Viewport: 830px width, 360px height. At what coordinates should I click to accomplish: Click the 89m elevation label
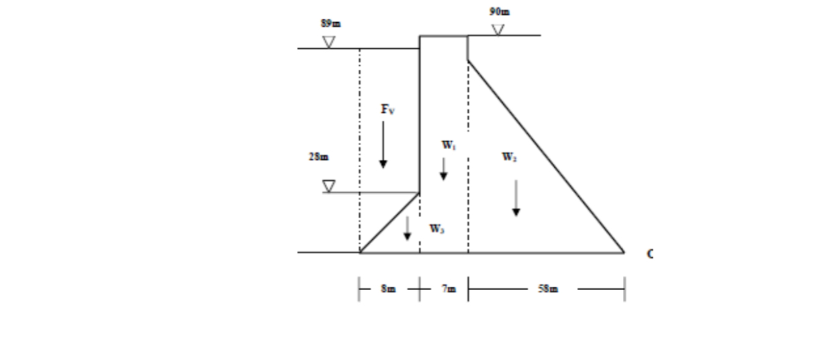330,24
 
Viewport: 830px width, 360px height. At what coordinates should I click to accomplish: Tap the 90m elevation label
500,11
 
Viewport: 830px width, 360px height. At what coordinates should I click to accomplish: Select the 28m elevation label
319,157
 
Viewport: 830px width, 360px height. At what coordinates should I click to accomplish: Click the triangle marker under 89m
328,42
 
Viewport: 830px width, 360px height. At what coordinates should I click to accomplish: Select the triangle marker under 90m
498,30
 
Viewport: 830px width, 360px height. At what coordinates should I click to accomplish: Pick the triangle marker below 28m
328,186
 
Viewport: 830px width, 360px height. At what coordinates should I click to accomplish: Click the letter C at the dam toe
649,254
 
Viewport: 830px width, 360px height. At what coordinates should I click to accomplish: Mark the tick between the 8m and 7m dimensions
420,289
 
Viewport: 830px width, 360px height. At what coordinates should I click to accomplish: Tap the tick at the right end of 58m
625,289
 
